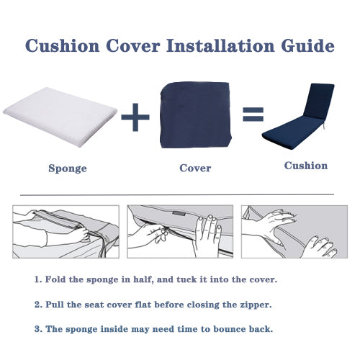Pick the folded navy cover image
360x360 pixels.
coord(195,114)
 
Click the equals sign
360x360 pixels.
coord(252,114)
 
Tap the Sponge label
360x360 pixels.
coord(68,168)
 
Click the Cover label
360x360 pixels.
coord(195,168)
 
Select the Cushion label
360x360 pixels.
coord(305,166)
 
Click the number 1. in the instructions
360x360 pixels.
coord(37,279)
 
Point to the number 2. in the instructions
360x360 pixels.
coord(37,305)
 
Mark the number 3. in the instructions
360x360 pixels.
coord(37,329)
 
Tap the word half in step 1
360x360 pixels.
coord(150,279)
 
